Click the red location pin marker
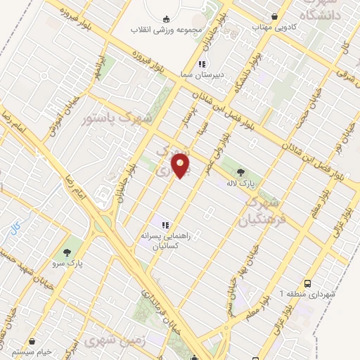tap(181, 165)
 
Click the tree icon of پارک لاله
tap(242, 171)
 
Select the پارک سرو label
tap(70, 263)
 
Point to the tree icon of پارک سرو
tap(67, 252)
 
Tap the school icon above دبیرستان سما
tap(202, 64)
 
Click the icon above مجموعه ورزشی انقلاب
tap(166, 19)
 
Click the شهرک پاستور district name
tap(117, 119)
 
